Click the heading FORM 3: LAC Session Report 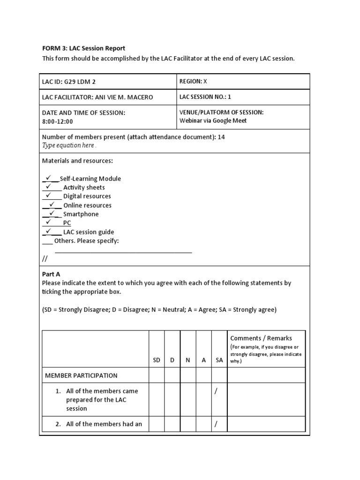84,48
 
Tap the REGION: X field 193,81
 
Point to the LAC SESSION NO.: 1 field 205,97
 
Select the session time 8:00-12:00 58,121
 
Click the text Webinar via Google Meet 213,120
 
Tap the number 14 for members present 221,137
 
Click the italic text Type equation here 69,145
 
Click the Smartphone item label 81,214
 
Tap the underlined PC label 67,223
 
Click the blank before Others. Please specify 47,241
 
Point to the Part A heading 51,274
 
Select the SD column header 157,360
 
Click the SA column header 219,360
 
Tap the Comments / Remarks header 261,338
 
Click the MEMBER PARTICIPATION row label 81,375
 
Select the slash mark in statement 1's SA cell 216,391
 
